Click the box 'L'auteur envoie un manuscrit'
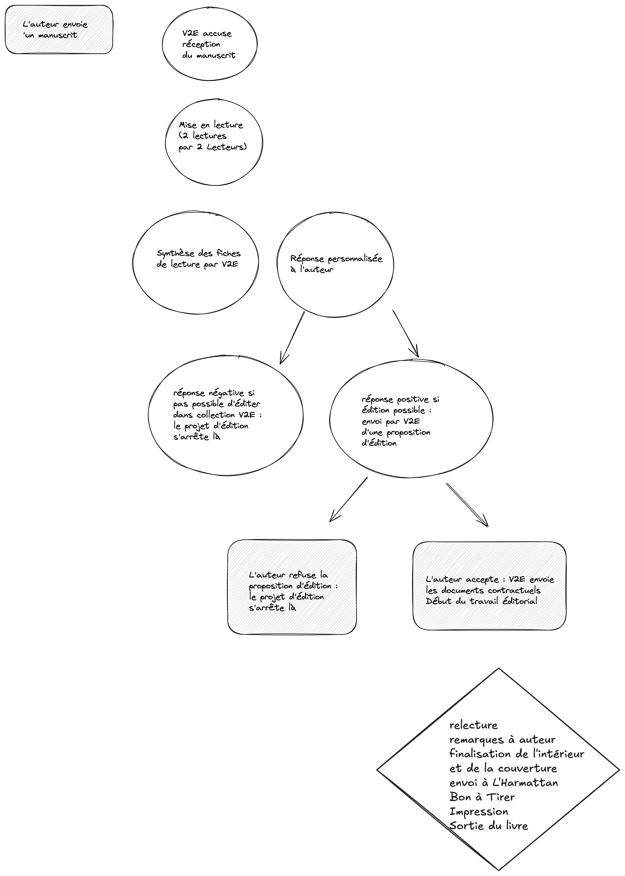[x=59, y=29]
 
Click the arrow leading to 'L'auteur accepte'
[x=467, y=505]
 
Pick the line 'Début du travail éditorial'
[x=482, y=601]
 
